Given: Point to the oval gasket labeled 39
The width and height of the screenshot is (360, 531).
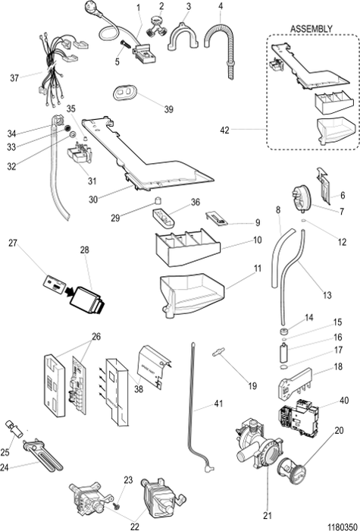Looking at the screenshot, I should click(124, 91).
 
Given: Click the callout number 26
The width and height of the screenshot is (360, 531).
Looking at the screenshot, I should click(95, 336).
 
